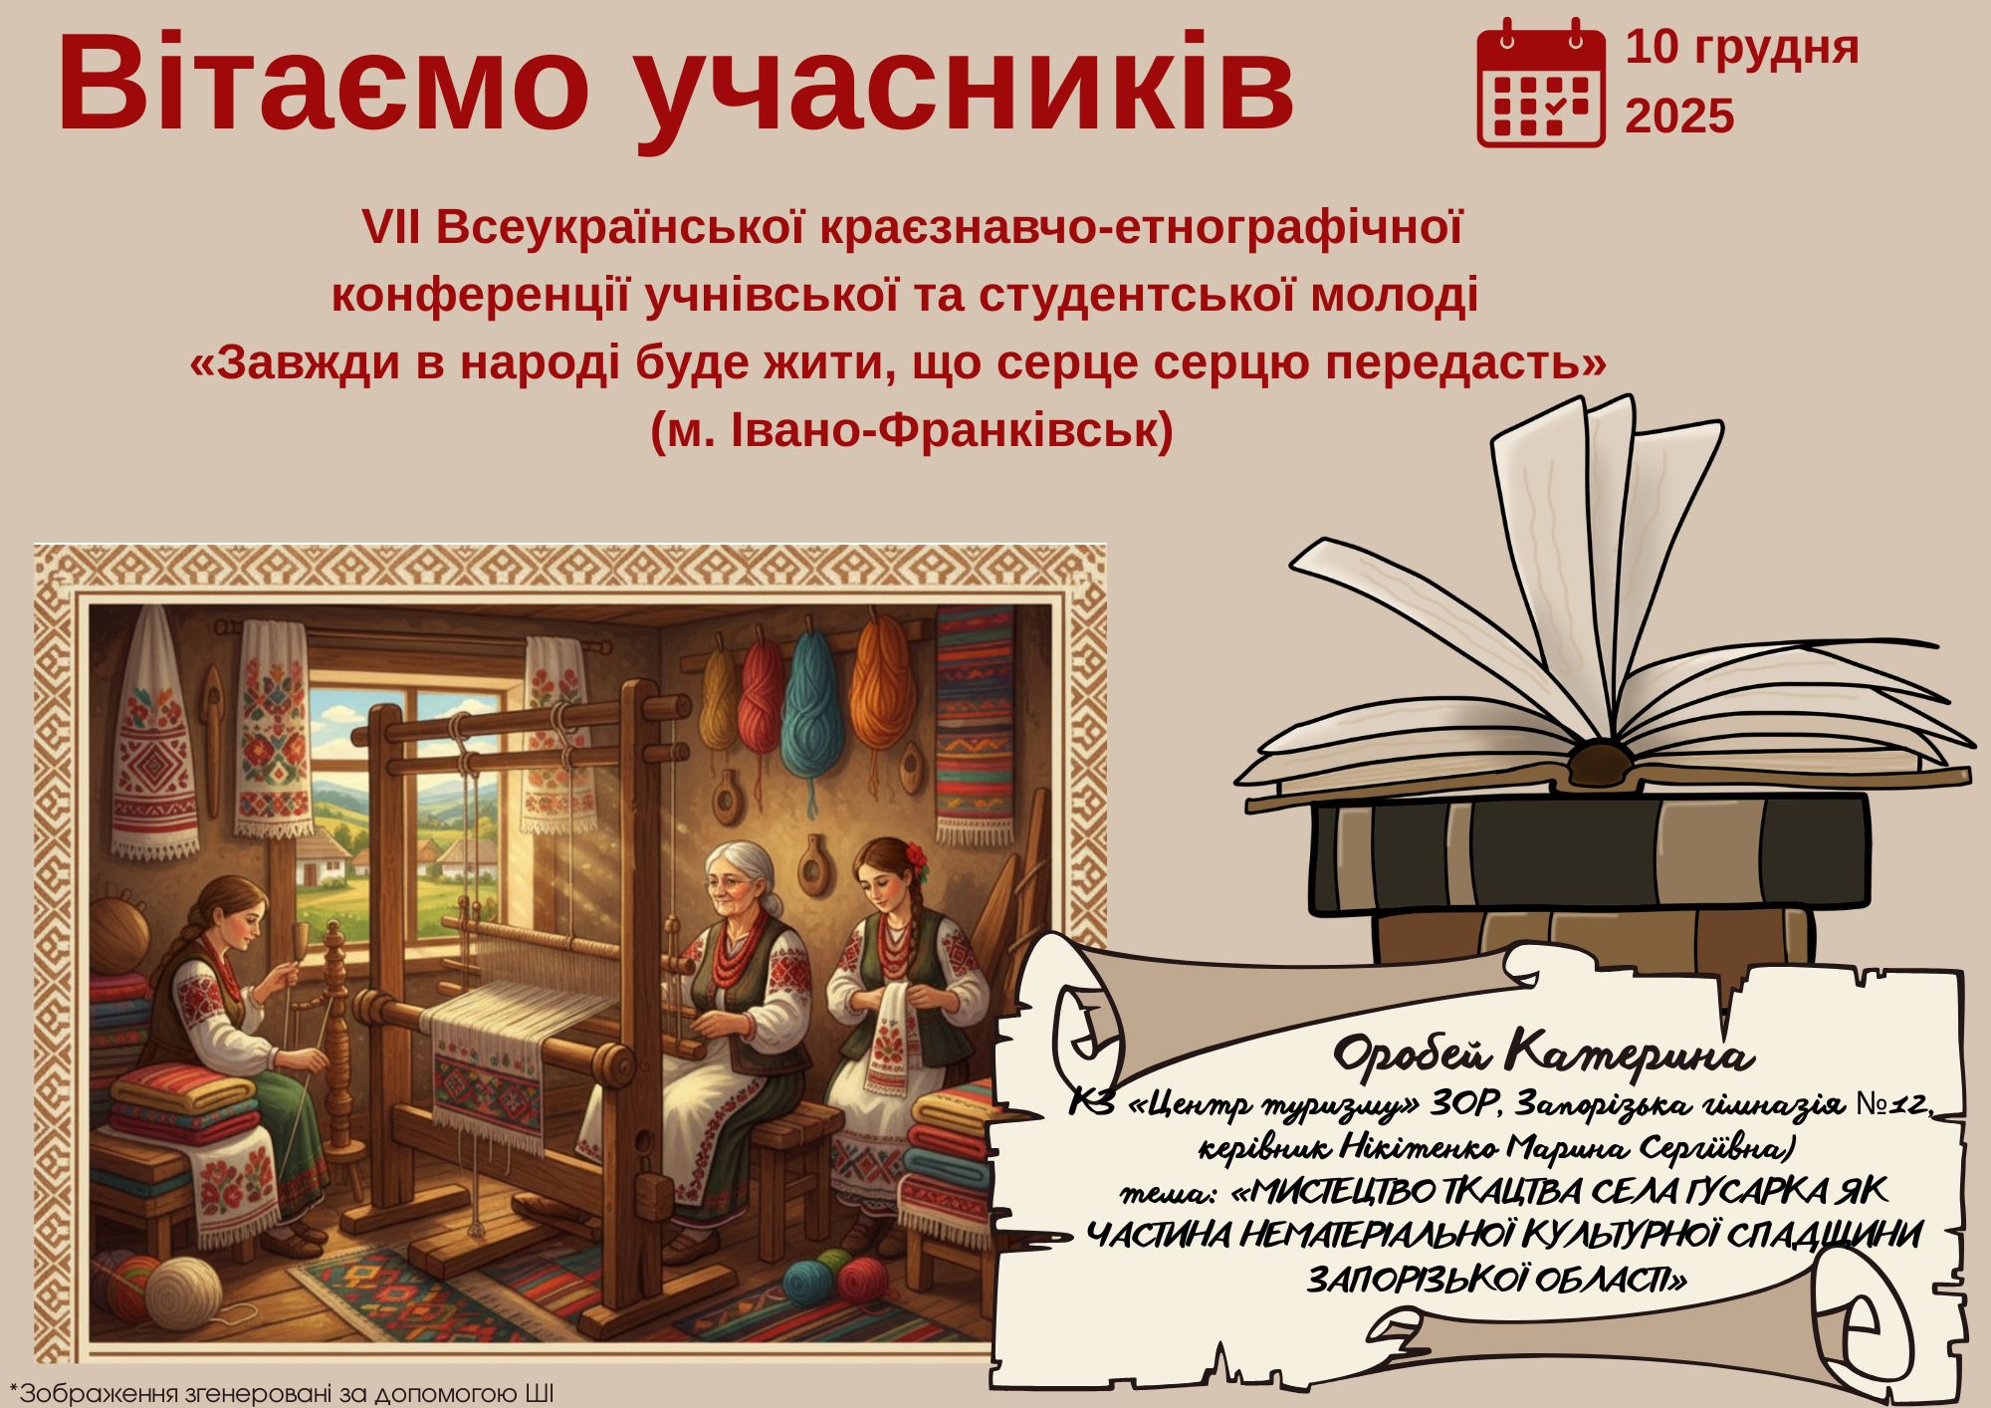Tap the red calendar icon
1540,84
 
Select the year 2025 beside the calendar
1680,117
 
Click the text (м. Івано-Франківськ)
912,431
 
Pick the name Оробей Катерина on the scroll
1542,1056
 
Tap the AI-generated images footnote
282,1392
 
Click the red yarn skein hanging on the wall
761,687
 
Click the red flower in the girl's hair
916,857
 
